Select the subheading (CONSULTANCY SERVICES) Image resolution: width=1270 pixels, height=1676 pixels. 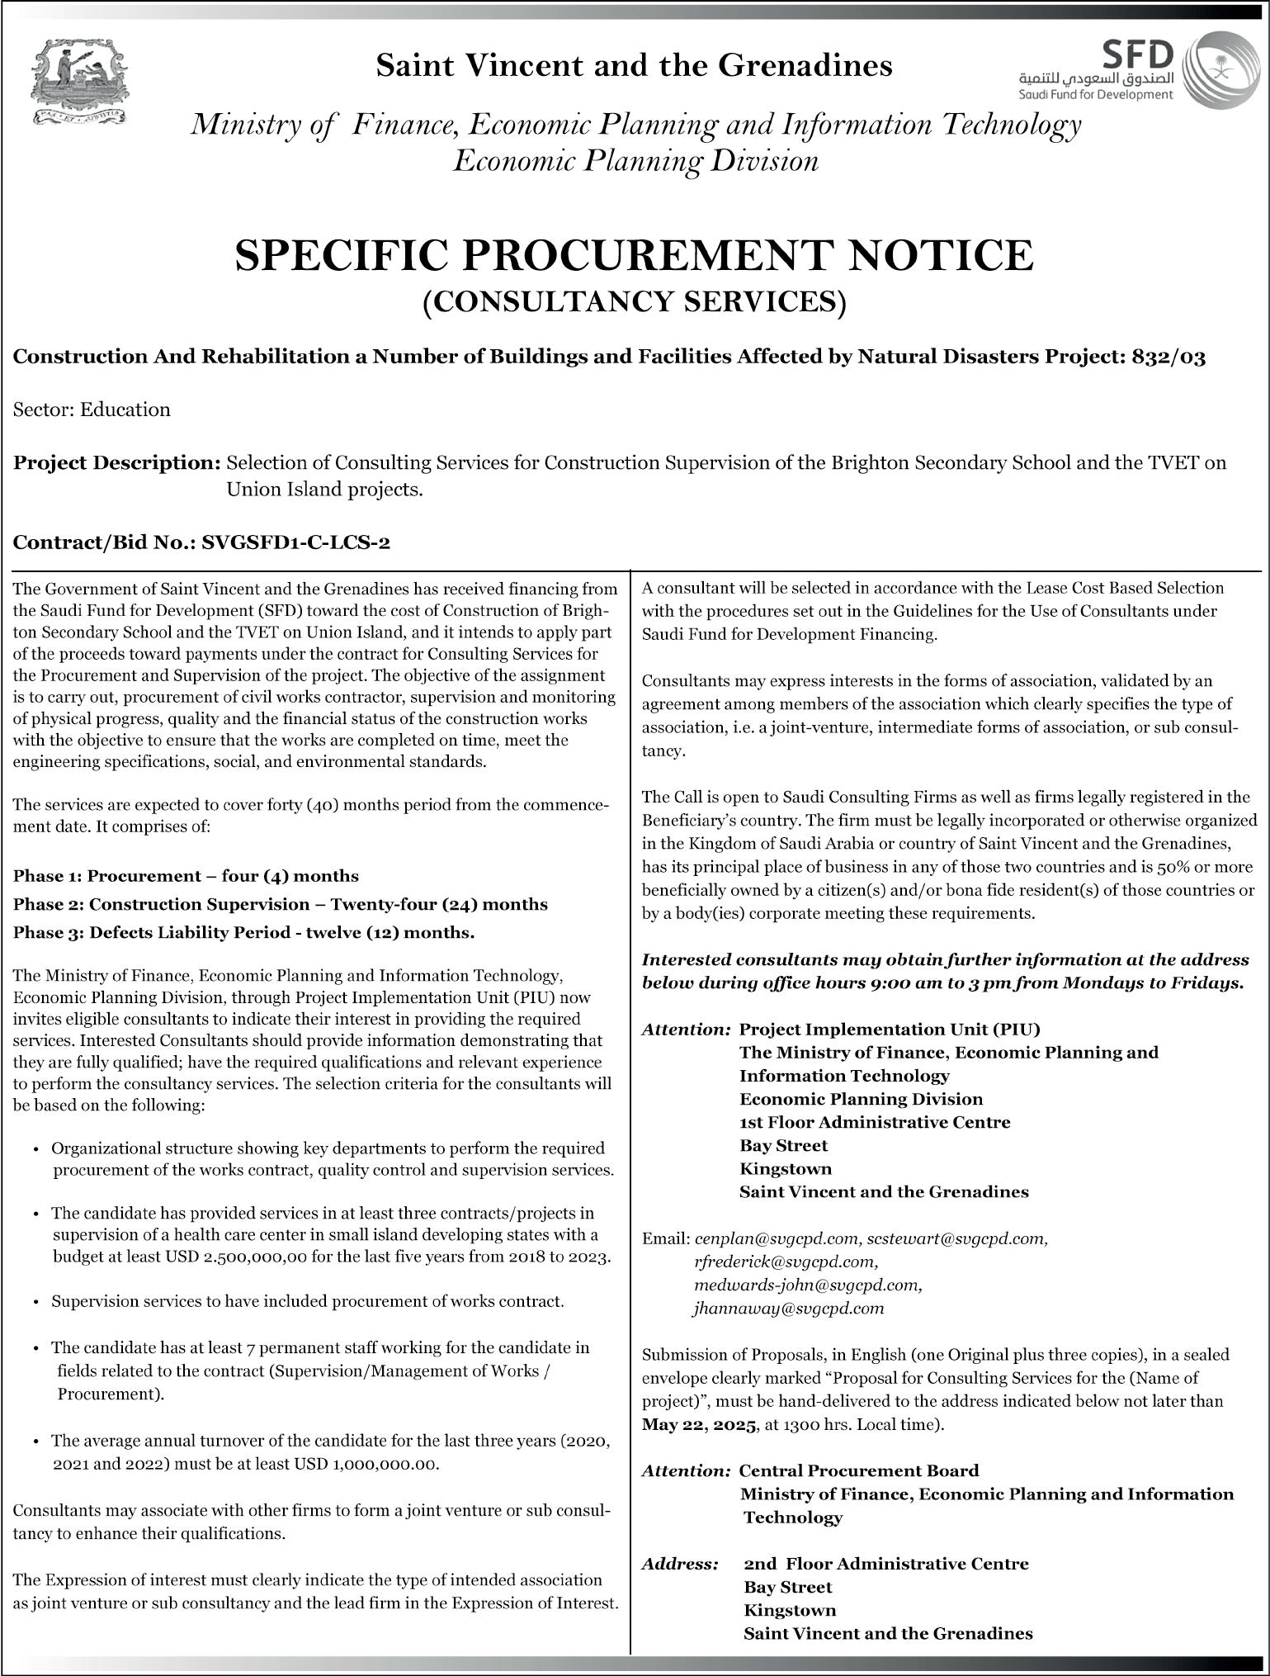pyautogui.click(x=634, y=302)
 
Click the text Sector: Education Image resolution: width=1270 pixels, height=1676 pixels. pyautogui.click(x=92, y=410)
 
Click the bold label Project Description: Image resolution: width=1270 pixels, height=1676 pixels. pyautogui.click(x=116, y=462)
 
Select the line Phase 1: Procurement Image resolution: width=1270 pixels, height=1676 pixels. pyautogui.click(x=186, y=875)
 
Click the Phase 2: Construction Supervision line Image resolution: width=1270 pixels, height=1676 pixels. pyautogui.click(x=280, y=904)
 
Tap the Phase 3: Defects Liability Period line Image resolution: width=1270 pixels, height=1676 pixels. pyautogui.click(x=243, y=933)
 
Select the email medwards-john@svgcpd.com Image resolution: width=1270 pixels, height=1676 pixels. pyautogui.click(x=808, y=1285)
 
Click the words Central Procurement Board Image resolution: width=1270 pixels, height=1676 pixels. pyautogui.click(x=858, y=1470)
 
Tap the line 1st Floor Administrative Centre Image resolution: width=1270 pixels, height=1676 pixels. pyautogui.click(x=875, y=1122)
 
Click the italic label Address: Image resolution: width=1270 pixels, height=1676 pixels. pyautogui.click(x=679, y=1564)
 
